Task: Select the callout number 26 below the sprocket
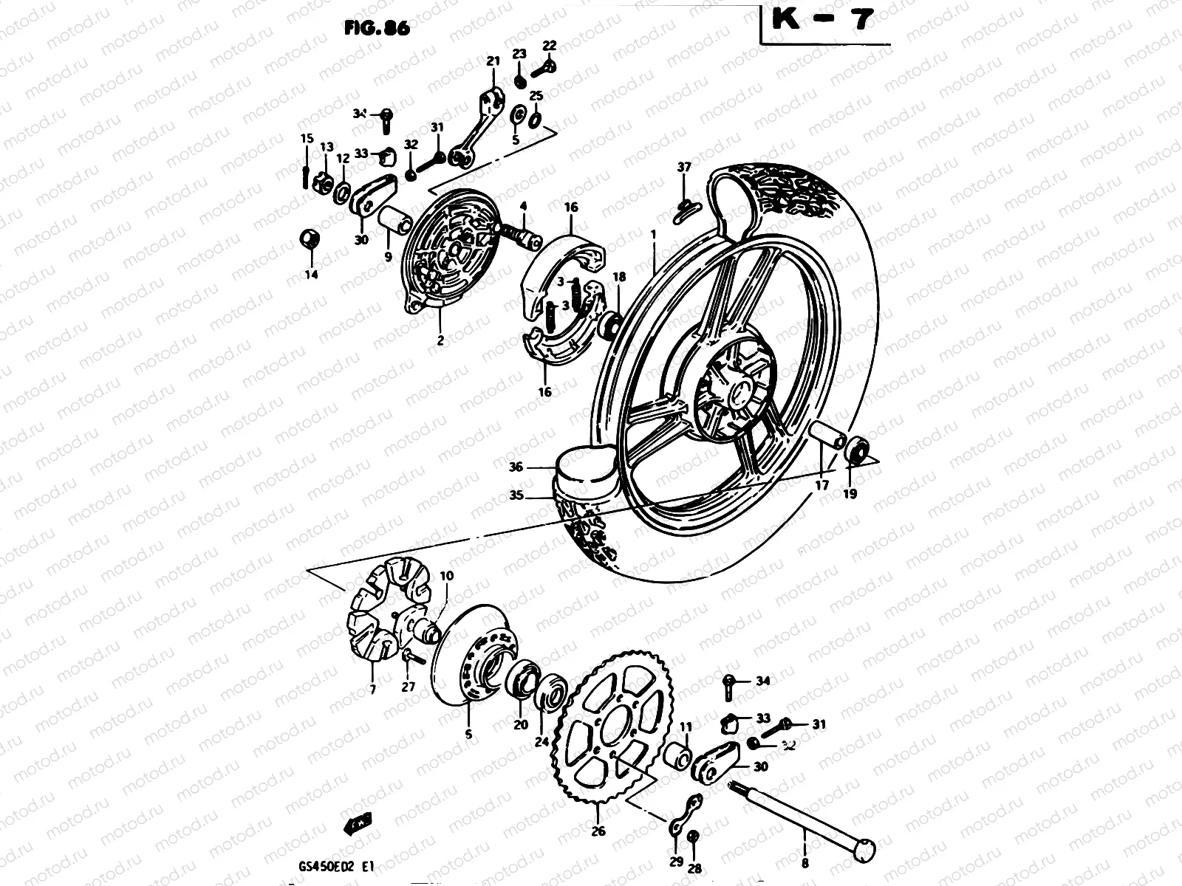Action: pyautogui.click(x=598, y=831)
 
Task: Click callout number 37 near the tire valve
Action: pyautogui.click(x=684, y=167)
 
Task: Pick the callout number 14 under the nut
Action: pyautogui.click(x=310, y=275)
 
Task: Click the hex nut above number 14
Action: pyautogui.click(x=309, y=239)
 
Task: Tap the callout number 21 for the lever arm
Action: pyautogui.click(x=493, y=62)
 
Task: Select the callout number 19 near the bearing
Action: pyautogui.click(x=850, y=494)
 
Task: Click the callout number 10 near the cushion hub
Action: pyautogui.click(x=447, y=575)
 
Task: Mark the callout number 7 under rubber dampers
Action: pyautogui.click(x=372, y=690)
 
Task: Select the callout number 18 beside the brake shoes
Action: pyautogui.click(x=619, y=277)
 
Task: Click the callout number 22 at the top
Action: pyautogui.click(x=549, y=46)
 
